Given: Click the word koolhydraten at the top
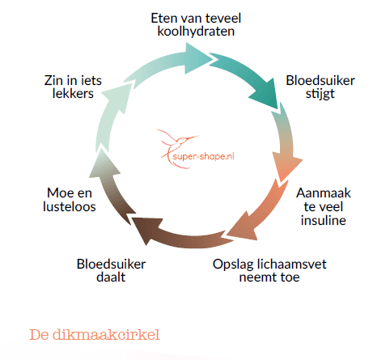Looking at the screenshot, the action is pos(196,32).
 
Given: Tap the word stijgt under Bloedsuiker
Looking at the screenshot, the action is pos(320,95).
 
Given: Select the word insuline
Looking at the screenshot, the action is pos(324,220).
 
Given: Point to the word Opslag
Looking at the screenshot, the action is pos(233,265).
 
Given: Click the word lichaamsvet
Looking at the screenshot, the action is pos(291,264).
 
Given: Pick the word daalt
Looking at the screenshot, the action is pos(111,277).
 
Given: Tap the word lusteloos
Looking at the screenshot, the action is pos(70,206).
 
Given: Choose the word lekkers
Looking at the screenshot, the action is pos(73,93).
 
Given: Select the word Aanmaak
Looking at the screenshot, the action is pos(324,193).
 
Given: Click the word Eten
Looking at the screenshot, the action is pos(163,19).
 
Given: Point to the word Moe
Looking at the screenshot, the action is pos(60,193).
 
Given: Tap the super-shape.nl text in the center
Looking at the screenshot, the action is pos(203,156).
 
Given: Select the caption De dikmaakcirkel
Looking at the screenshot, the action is pos(95,335).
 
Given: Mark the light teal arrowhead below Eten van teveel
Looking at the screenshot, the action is pos(198,58).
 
